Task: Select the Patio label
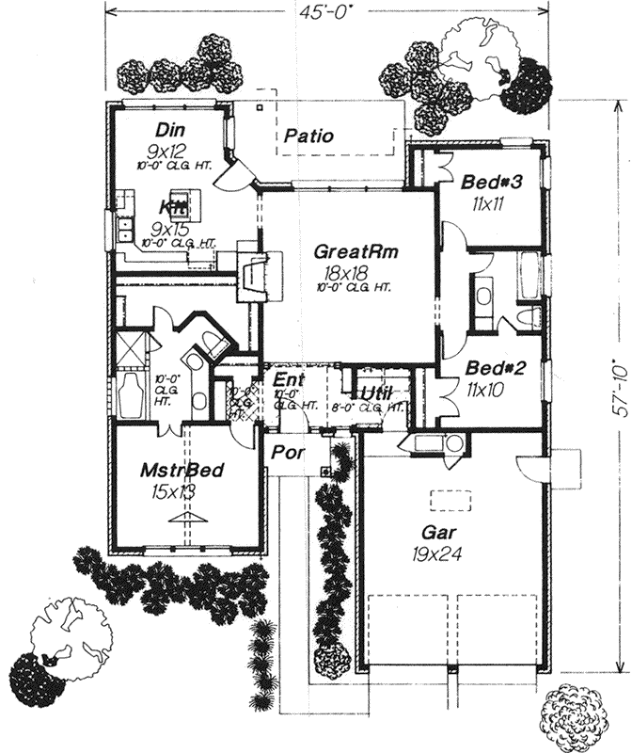[x=309, y=136]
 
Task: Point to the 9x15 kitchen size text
[x=170, y=228]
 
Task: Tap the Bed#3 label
[x=486, y=181]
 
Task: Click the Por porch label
[x=283, y=451]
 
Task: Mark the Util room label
[x=376, y=393]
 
